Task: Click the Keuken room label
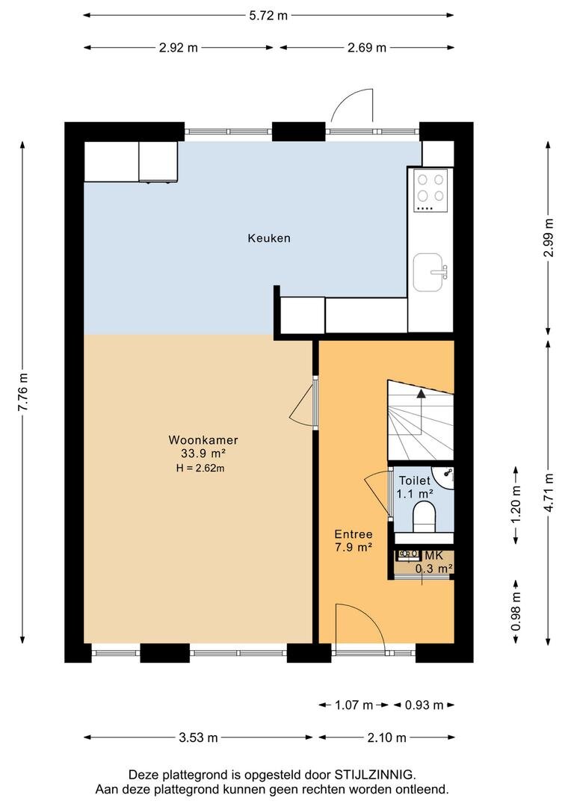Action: tap(269, 238)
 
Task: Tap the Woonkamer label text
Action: tap(203, 440)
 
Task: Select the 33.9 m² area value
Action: tap(203, 454)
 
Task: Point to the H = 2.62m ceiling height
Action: tap(200, 468)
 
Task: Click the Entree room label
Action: tap(354, 534)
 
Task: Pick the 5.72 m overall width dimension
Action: tap(268, 16)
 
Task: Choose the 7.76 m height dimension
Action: tap(23, 392)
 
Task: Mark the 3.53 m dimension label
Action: tap(198, 738)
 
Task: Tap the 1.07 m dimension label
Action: tap(354, 705)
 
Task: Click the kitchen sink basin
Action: tap(428, 272)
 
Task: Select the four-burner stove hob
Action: tap(431, 191)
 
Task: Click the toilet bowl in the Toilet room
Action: tap(425, 517)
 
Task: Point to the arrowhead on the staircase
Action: tap(422, 394)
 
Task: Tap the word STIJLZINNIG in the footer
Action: tap(374, 775)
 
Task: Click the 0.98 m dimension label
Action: tap(516, 611)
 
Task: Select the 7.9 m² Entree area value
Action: tap(354, 547)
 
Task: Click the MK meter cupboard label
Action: tap(433, 556)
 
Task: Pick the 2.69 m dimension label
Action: tap(367, 48)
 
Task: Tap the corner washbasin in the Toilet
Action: tap(444, 477)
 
